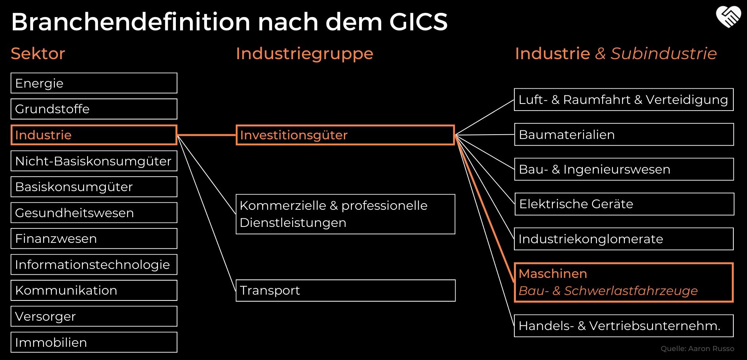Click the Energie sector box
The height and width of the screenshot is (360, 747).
click(94, 83)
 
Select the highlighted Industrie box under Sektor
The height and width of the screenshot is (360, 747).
click(94, 135)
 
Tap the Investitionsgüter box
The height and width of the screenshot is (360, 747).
click(345, 135)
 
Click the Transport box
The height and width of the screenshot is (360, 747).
click(345, 290)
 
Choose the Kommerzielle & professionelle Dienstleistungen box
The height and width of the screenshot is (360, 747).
click(345, 214)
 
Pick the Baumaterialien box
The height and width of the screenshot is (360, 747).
click(624, 135)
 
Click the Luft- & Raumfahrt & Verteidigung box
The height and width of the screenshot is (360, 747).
click(624, 100)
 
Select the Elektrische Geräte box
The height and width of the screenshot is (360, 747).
click(624, 204)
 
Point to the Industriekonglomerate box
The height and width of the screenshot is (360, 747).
click(624, 239)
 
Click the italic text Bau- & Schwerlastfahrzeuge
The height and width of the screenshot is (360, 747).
click(608, 291)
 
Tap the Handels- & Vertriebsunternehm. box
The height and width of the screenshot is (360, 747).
click(624, 326)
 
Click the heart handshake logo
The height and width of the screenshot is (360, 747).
click(728, 17)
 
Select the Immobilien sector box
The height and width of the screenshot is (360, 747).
click(94, 342)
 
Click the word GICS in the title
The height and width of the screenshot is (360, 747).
click(418, 22)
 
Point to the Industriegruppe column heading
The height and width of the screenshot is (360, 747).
click(304, 54)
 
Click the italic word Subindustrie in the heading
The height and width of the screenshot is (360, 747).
click(663, 54)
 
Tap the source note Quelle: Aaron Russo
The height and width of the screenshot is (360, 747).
click(697, 349)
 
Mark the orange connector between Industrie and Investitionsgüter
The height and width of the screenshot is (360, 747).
click(207, 135)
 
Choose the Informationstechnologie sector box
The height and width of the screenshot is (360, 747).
click(94, 265)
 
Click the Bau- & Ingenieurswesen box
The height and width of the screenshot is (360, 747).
click(624, 169)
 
